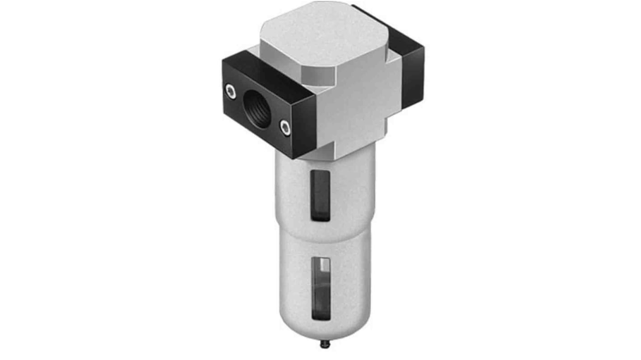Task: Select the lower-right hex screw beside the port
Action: click(284, 128)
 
